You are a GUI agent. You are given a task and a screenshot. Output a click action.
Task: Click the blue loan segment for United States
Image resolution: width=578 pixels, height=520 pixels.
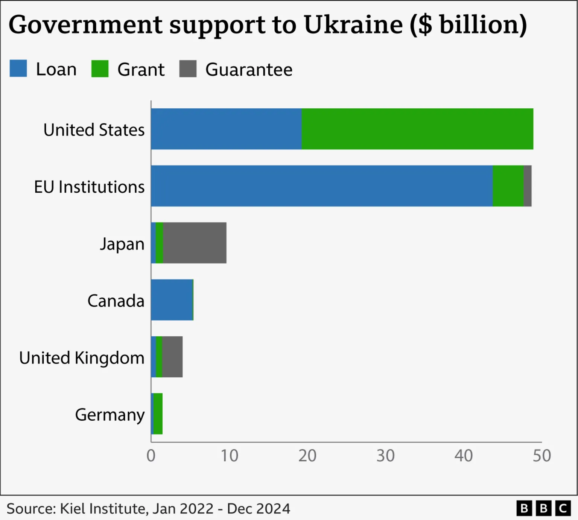226,129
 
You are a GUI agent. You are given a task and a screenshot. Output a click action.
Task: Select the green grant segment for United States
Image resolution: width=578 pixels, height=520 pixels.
417,129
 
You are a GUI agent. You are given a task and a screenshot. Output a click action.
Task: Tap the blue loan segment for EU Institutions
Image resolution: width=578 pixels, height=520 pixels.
322,186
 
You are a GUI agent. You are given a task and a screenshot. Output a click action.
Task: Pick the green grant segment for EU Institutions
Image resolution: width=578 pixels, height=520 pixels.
508,186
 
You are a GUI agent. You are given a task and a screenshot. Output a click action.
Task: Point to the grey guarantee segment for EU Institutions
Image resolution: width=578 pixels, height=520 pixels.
528,186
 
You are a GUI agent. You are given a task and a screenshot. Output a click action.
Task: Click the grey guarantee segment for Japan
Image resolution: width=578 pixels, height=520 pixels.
195,243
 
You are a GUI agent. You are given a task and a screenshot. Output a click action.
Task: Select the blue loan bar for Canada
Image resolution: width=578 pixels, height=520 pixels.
172,300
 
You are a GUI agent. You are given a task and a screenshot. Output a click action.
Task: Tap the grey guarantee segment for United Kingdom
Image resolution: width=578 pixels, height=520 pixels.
172,357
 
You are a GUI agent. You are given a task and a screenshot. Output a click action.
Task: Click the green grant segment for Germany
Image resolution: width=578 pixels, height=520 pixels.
158,414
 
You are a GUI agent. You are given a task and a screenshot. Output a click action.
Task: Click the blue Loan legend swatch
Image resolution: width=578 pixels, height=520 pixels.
18,68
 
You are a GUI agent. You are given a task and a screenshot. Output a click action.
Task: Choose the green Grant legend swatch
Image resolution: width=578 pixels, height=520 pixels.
100,68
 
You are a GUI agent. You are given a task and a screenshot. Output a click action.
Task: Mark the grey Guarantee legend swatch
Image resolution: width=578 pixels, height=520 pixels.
188,68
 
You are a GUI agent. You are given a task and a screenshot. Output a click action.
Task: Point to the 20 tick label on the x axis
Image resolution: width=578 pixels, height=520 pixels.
307,456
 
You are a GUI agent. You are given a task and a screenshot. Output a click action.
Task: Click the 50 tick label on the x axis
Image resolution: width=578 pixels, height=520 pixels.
541,456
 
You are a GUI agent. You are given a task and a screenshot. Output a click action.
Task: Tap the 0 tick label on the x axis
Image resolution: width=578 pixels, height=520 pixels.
151,456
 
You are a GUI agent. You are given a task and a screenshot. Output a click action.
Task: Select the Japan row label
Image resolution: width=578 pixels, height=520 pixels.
122,244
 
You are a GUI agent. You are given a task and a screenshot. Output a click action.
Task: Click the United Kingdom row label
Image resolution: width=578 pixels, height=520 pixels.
82,358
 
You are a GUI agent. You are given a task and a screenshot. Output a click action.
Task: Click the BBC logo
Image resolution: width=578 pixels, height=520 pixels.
543,508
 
